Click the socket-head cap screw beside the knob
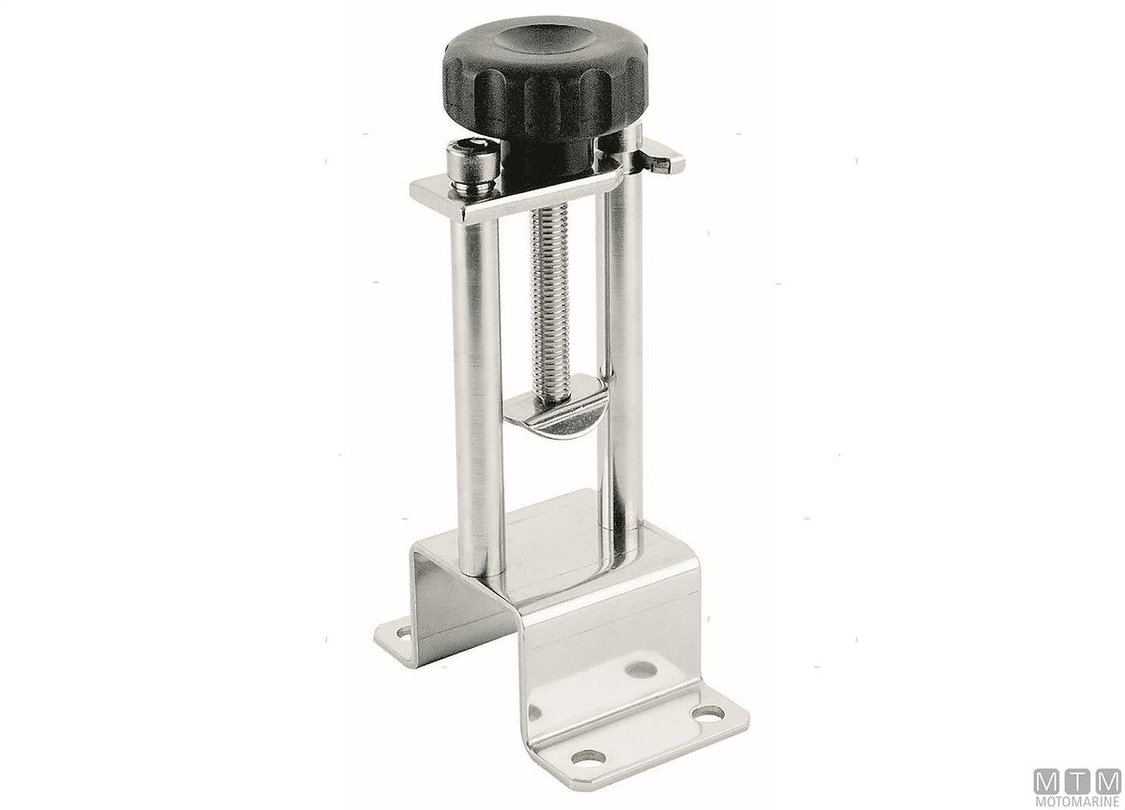(471, 166)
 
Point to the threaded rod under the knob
(550, 301)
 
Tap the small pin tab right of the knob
(664, 159)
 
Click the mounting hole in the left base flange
(403, 632)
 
